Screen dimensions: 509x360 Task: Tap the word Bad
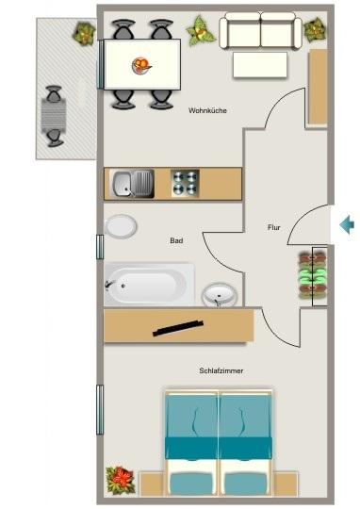(176, 241)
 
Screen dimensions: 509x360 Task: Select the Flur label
(274, 227)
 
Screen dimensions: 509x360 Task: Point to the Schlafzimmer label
(221, 370)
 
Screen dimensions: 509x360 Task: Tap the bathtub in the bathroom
(149, 284)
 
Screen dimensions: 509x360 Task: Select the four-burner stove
(184, 182)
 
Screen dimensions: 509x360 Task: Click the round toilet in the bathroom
(120, 227)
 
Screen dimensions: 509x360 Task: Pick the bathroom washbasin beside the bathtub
(220, 296)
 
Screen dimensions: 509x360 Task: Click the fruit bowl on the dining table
(141, 65)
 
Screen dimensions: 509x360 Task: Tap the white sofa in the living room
(260, 33)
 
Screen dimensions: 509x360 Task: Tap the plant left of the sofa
(200, 31)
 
